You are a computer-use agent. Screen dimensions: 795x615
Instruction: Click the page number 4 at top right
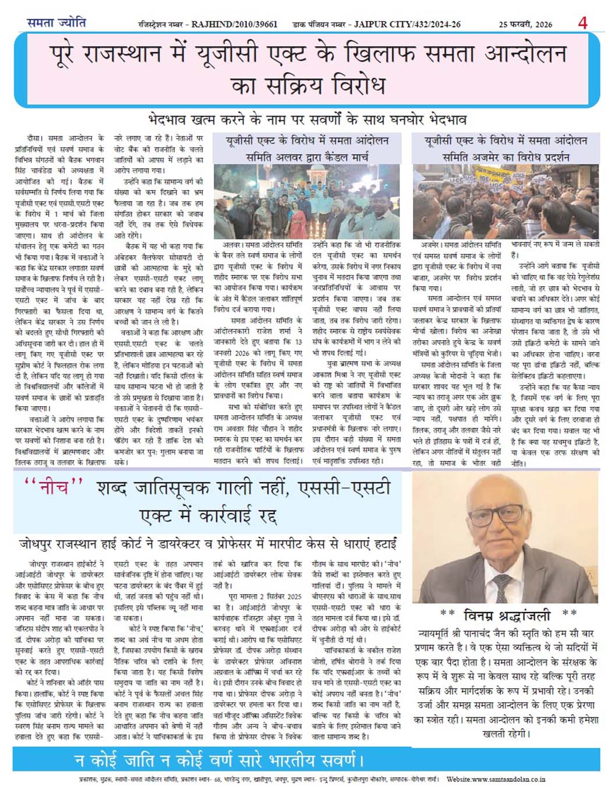point(582,23)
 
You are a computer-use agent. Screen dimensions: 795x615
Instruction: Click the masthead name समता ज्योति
point(56,23)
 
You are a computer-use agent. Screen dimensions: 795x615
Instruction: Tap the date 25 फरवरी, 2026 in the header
point(525,24)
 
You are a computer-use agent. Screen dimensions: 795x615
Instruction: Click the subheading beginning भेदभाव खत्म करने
point(307,120)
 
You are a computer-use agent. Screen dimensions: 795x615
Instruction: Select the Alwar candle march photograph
point(307,201)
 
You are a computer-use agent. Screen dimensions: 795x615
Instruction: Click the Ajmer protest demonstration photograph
point(506,201)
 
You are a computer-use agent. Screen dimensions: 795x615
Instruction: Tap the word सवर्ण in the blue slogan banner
point(332,761)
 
